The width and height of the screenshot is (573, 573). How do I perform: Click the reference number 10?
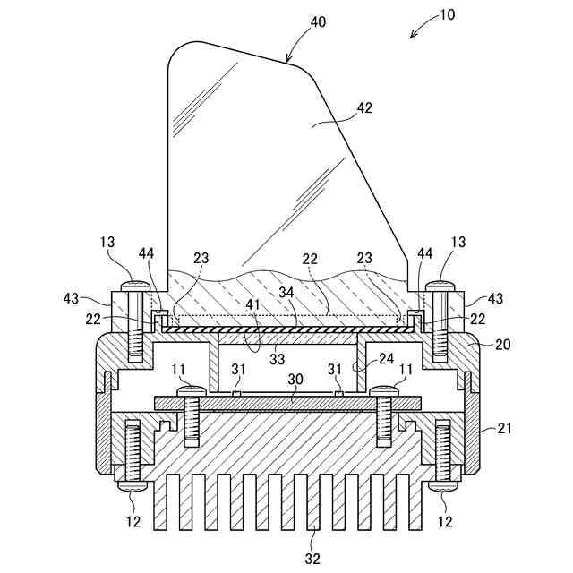coord(446,15)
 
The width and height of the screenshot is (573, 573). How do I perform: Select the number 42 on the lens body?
coord(364,107)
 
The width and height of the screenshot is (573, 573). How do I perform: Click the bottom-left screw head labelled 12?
coord(135,488)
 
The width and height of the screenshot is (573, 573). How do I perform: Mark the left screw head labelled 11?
coord(190,391)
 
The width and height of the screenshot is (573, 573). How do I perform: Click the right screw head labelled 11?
coord(384,391)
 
